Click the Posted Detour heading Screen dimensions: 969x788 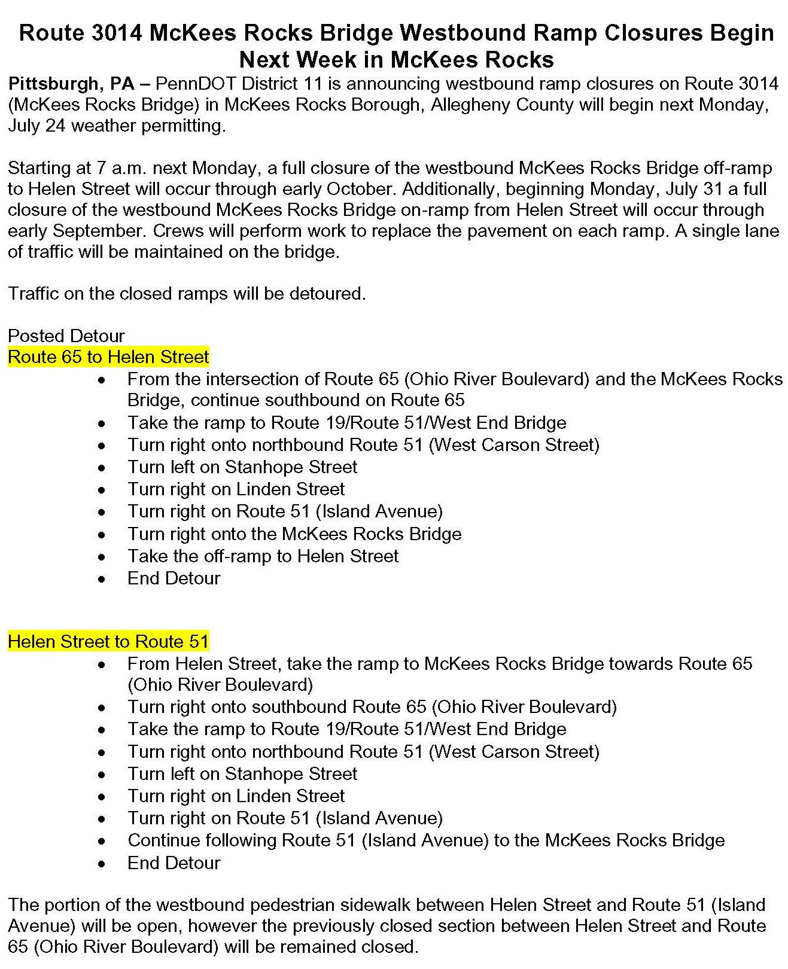66,336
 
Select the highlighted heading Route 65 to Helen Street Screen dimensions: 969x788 108,357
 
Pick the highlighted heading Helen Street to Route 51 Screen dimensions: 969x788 108,642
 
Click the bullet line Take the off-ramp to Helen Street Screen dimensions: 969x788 263,556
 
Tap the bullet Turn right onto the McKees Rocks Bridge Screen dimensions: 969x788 294,534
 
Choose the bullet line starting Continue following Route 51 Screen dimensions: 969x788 425,840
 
